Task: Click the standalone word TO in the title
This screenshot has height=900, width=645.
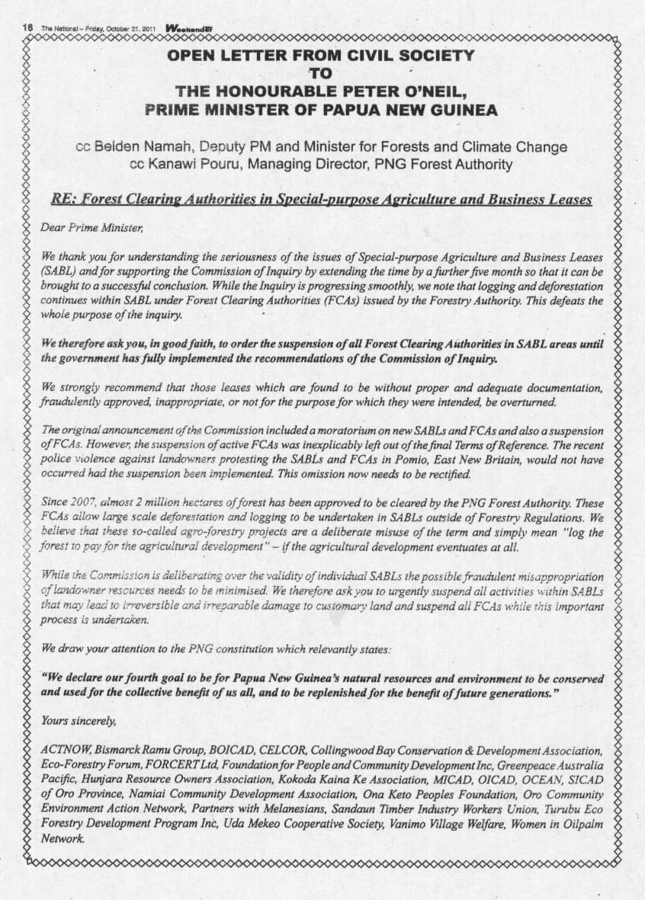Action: tap(320, 74)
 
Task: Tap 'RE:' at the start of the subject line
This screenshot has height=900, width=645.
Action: tap(63, 200)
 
